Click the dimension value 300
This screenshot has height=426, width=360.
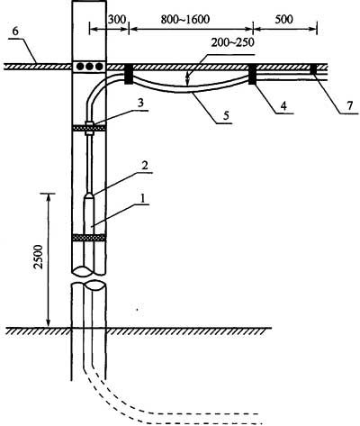pos(118,20)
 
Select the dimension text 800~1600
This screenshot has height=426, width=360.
pos(184,20)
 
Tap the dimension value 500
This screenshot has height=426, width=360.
pos(283,20)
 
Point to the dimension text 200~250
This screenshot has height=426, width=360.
pos(232,42)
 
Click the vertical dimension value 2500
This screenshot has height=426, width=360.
pos(39,257)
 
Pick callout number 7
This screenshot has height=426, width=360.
pos(350,105)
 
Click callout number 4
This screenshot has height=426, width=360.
pos(283,105)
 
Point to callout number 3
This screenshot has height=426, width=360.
pos(141,103)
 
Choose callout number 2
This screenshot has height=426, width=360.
pos(145,166)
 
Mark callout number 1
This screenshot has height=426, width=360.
pos(143,197)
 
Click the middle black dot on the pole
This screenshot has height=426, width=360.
pos(89,67)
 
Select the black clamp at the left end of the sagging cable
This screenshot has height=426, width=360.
pos(129,74)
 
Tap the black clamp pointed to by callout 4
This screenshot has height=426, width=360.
pos(252,74)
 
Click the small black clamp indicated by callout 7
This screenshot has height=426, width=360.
pos(313,68)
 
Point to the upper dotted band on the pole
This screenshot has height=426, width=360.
pos(89,128)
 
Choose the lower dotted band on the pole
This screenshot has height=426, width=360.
pos(89,238)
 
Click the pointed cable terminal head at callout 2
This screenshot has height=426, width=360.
pos(89,196)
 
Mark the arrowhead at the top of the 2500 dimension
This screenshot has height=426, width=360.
pos(48,196)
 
